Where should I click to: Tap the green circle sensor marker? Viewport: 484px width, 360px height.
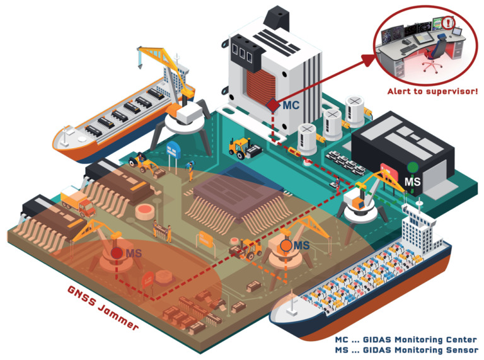pyautogui.click(x=412, y=167)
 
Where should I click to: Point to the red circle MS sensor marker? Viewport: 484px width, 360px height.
pyautogui.click(x=117, y=253)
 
